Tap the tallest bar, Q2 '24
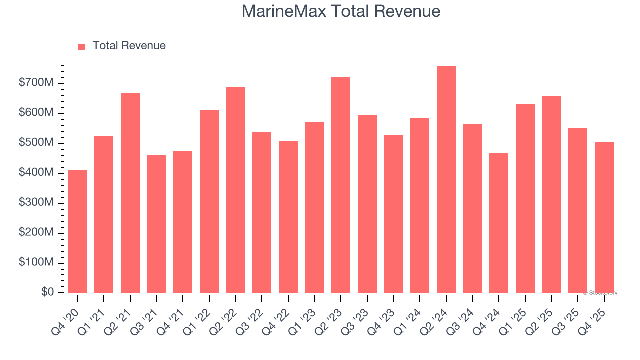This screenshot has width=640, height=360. click(x=446, y=179)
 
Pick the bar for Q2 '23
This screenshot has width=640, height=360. click(x=341, y=185)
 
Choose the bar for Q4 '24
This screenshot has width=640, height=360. click(x=499, y=223)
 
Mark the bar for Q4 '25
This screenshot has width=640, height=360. click(x=604, y=217)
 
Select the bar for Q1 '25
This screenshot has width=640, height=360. click(x=525, y=198)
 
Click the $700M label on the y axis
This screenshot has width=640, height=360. click(x=35, y=83)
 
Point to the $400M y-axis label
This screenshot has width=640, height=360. click(x=35, y=173)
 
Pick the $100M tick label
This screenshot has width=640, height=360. click(x=35, y=263)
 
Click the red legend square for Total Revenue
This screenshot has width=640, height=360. click(x=82, y=46)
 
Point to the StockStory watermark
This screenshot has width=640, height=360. click(x=600, y=293)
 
